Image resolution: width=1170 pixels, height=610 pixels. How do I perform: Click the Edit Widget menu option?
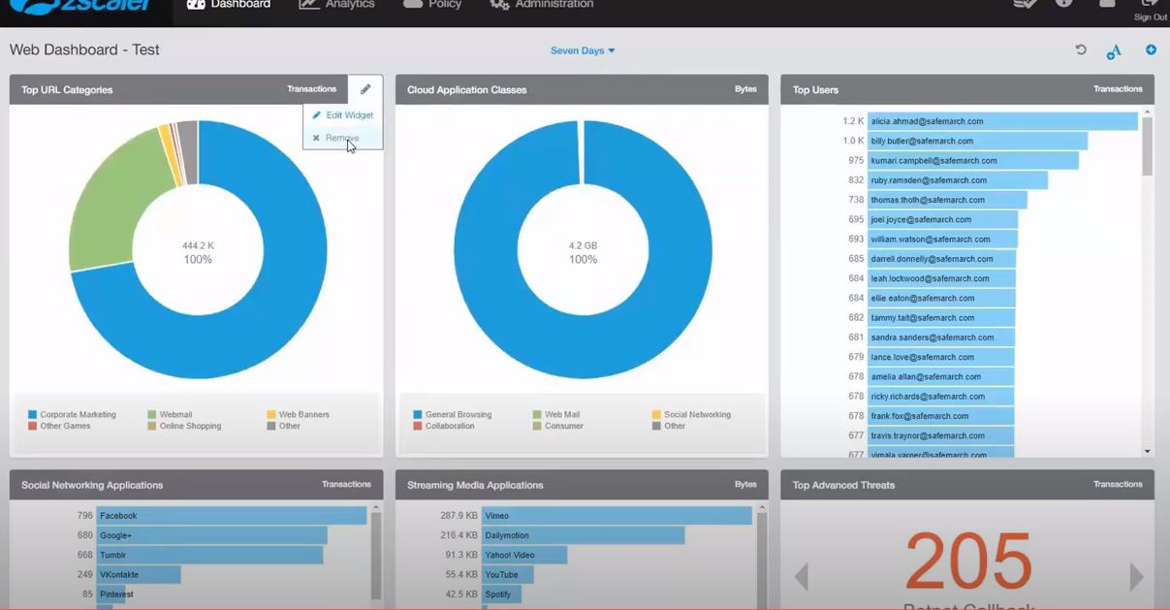click(x=343, y=115)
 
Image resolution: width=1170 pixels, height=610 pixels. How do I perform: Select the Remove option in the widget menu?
click(x=341, y=138)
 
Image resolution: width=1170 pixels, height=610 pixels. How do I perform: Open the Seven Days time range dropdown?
click(x=583, y=50)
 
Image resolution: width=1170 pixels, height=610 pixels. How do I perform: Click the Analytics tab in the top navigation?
click(x=337, y=5)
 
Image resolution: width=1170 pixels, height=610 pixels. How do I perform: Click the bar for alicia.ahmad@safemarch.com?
click(x=1001, y=121)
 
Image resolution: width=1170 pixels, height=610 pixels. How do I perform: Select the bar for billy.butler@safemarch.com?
click(x=976, y=142)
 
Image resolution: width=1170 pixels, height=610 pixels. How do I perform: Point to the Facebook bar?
click(x=231, y=516)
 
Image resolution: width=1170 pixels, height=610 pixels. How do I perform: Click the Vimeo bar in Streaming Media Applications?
click(x=617, y=516)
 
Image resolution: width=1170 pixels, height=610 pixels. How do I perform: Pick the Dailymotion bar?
click(x=583, y=535)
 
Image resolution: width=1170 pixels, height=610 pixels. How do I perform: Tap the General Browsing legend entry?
click(x=458, y=414)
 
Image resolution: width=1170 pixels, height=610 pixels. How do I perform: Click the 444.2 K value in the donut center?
click(x=198, y=245)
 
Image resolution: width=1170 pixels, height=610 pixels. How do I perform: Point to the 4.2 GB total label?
click(x=583, y=245)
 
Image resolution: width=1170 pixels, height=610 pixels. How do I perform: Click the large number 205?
click(x=967, y=562)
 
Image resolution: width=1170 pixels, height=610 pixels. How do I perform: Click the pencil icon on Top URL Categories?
click(x=365, y=89)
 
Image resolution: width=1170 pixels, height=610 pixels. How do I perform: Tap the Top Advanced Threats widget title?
click(x=843, y=485)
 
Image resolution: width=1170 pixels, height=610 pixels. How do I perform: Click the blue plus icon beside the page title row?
click(x=1151, y=49)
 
